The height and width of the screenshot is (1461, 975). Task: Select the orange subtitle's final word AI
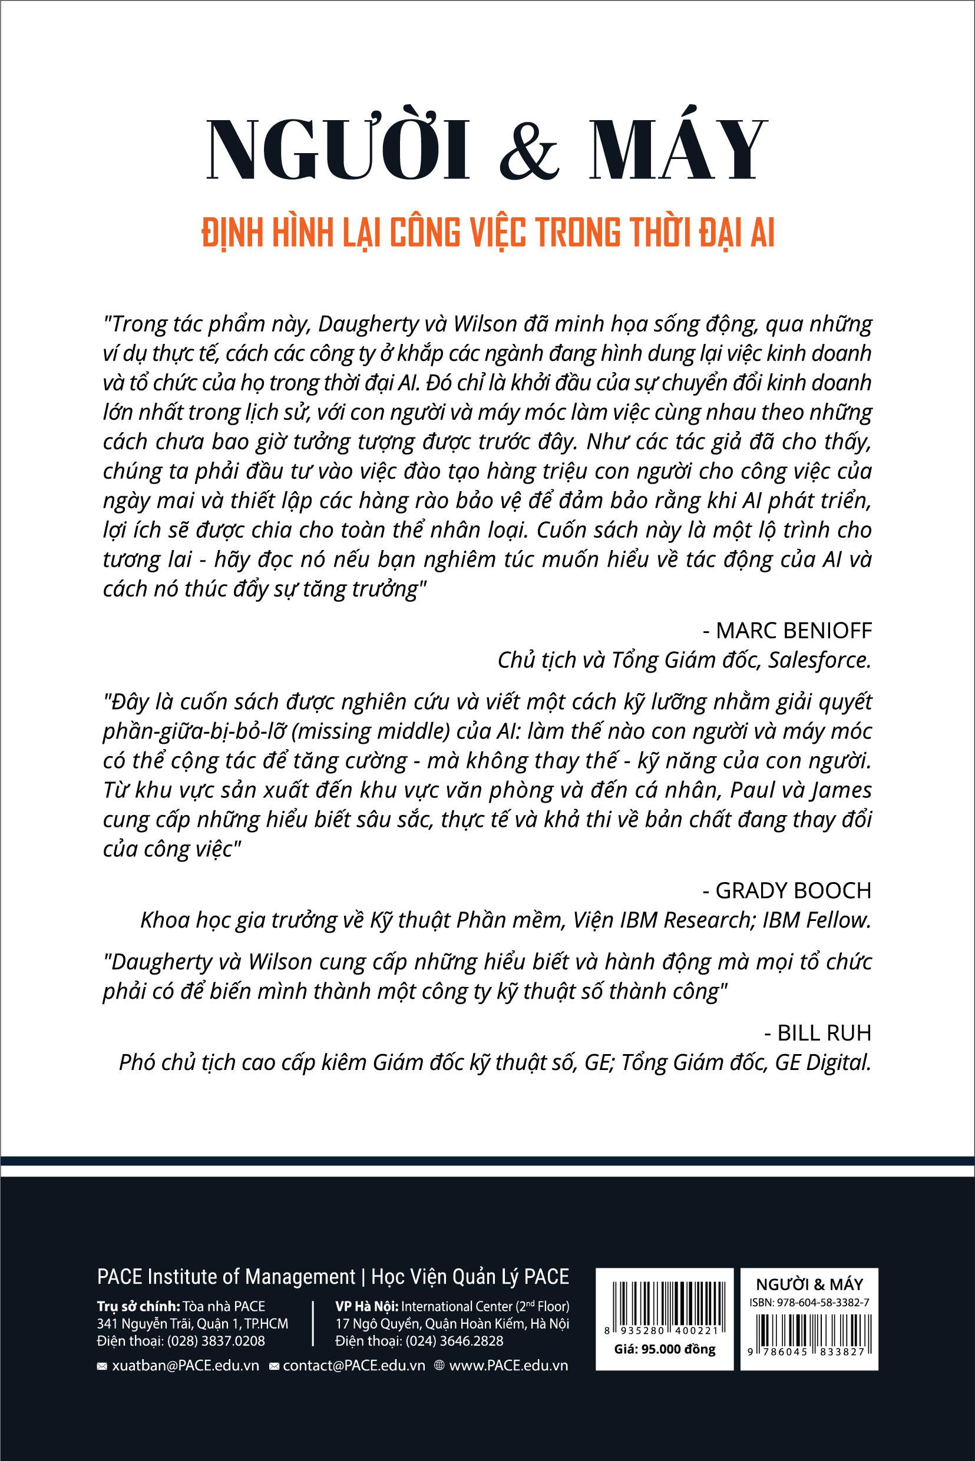pos(762,233)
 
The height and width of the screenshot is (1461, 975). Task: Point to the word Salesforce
pos(818,660)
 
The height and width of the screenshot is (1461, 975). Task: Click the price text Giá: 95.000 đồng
pos(664,1350)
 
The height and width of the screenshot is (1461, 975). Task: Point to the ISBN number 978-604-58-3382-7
pos(822,1303)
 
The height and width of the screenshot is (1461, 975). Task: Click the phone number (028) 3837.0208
pos(216,1341)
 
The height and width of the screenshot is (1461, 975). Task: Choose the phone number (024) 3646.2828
pos(454,1341)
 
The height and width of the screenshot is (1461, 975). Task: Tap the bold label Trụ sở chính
pos(138,1306)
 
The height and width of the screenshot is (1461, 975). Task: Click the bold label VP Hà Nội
pos(366,1306)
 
